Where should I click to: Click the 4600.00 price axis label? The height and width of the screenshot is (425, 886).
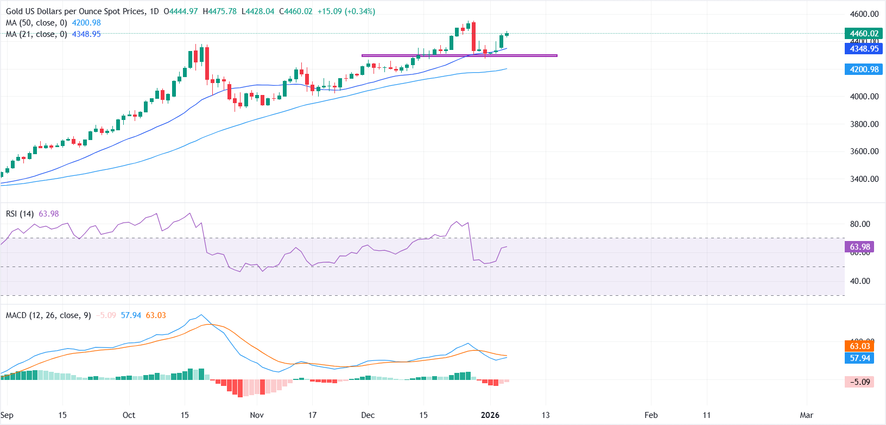[864, 14]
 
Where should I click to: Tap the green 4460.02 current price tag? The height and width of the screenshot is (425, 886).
[864, 34]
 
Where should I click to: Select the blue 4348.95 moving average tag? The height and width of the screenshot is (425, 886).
[864, 49]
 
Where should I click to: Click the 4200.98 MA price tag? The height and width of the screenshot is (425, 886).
[864, 69]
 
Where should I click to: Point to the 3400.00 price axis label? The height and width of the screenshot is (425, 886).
[864, 179]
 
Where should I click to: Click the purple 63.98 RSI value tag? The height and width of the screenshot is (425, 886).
[859, 247]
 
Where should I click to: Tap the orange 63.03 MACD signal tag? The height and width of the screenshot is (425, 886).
[859, 346]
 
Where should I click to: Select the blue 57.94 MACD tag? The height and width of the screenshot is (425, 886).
[859, 358]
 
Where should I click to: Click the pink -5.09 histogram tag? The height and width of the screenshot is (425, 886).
[859, 382]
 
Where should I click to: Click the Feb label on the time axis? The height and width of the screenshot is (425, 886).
[651, 415]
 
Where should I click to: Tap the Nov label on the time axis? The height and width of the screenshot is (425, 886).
[257, 415]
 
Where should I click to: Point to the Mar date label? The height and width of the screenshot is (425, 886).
[807, 415]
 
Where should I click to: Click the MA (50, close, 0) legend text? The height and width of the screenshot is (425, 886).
[36, 23]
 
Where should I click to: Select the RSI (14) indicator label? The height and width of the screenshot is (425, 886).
[20, 214]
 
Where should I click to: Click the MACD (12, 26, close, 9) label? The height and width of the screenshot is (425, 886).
[48, 315]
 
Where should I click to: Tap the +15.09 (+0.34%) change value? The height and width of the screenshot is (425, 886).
[346, 11]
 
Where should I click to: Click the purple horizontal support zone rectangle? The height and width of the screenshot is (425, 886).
[459, 55]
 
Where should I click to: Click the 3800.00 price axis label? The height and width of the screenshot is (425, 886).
[864, 124]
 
